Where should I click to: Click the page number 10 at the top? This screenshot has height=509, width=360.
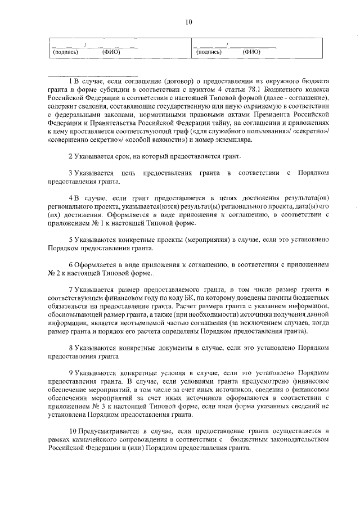pyautogui.click(x=188, y=22)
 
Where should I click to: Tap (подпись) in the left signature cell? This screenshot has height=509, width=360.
pyautogui.click(x=65, y=52)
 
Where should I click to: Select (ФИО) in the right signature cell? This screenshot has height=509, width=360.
pyautogui.click(x=251, y=52)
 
